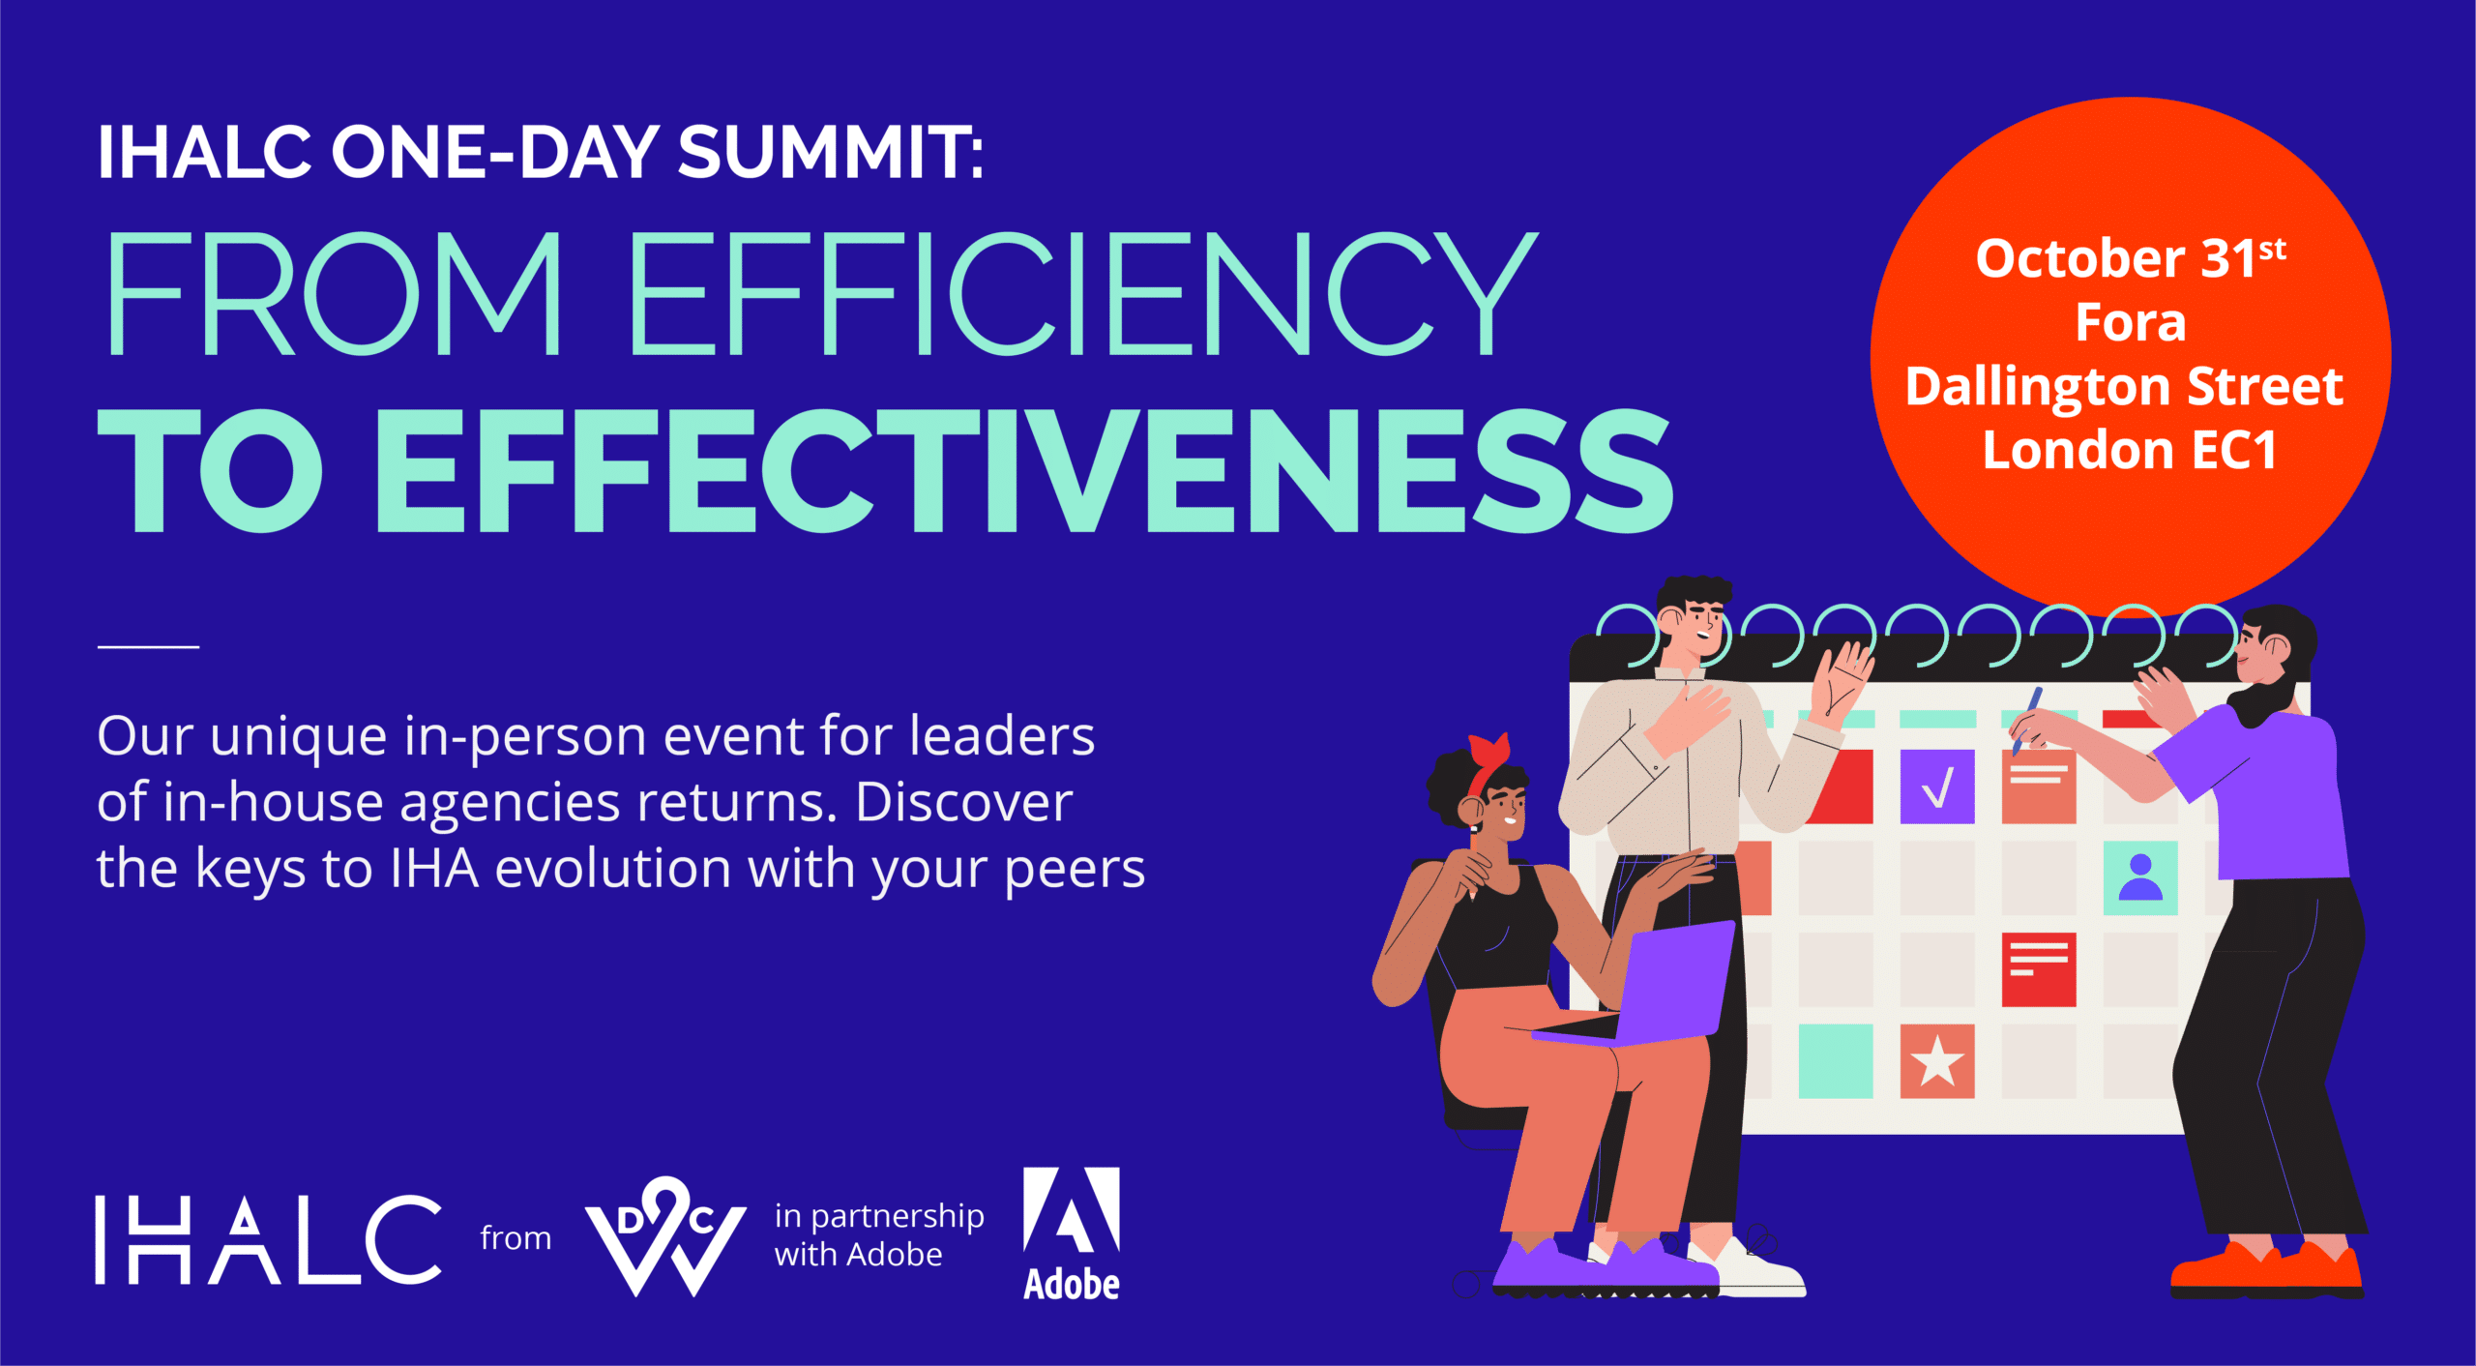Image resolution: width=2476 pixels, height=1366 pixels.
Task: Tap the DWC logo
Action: click(x=665, y=1236)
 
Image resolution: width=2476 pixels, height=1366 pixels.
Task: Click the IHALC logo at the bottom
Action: click(x=268, y=1239)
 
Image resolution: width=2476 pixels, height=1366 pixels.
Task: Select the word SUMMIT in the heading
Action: click(x=830, y=152)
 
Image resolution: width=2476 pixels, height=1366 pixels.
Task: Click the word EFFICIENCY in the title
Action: click(x=1083, y=293)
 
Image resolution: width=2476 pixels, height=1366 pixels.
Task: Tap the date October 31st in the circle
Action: click(x=2131, y=257)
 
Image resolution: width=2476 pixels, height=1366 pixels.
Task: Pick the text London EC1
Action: click(x=2130, y=450)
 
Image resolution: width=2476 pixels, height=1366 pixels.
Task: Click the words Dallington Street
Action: click(x=2125, y=387)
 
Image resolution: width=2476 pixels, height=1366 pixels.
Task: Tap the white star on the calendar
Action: click(x=1937, y=1061)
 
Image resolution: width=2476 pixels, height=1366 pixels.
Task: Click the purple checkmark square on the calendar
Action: click(x=1937, y=787)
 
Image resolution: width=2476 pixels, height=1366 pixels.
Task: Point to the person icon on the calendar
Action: click(x=2140, y=878)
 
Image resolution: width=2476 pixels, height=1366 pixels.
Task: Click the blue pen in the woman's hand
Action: click(x=2027, y=721)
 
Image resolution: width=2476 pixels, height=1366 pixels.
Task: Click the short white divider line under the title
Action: click(x=148, y=646)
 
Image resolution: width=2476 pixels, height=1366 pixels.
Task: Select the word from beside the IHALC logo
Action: click(x=516, y=1237)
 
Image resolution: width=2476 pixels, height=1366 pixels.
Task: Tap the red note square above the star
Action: click(x=2039, y=969)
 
